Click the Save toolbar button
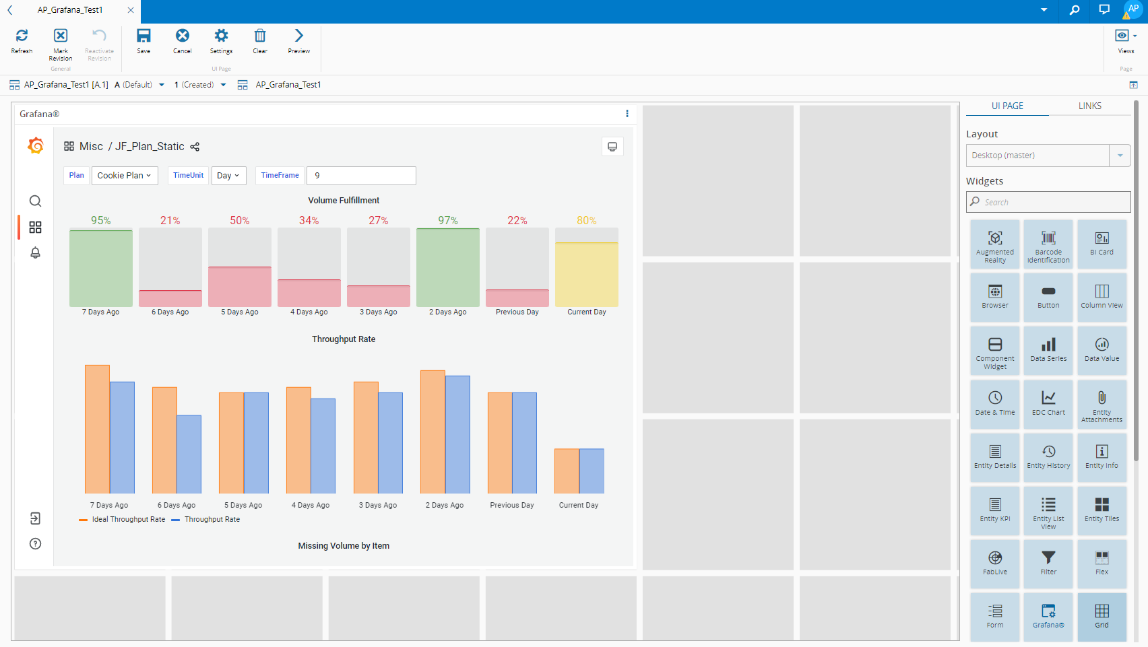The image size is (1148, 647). [143, 40]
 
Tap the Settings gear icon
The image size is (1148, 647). [221, 40]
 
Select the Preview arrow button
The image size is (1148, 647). [298, 40]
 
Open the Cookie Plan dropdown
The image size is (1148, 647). [125, 176]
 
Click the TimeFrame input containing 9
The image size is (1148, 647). [361, 176]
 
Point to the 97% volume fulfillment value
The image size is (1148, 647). [447, 221]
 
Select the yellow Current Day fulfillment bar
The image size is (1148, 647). [586, 274]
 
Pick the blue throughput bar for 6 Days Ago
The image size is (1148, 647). [189, 454]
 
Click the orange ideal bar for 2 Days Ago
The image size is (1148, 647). [433, 432]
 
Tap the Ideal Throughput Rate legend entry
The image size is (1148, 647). [128, 520]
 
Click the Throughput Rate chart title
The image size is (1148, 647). [344, 339]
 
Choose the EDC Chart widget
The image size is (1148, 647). [1048, 403]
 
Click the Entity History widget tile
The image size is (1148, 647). [1048, 456]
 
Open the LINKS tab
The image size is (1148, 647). [1089, 106]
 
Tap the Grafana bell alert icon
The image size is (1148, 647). [36, 252]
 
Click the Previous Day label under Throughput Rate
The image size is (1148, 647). [511, 506]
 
